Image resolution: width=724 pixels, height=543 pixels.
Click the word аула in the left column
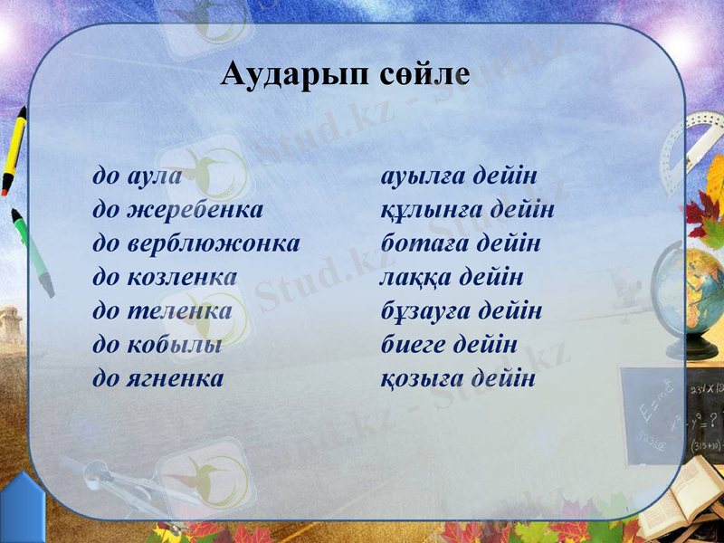(155, 176)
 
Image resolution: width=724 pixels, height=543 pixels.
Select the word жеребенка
(196, 210)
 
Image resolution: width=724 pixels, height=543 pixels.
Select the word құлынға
(428, 210)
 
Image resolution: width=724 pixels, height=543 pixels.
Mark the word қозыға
(420, 378)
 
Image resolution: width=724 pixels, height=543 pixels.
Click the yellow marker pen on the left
(13, 149)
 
